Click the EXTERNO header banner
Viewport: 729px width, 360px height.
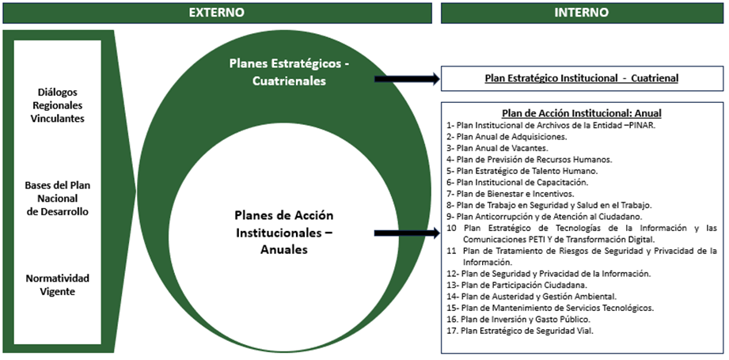[x=216, y=13]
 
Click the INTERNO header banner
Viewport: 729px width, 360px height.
[x=582, y=13]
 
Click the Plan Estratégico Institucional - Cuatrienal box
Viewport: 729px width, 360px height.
[x=581, y=78]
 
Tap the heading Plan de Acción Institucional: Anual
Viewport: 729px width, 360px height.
[x=581, y=113]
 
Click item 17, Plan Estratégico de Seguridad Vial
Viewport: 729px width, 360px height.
[x=518, y=331]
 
